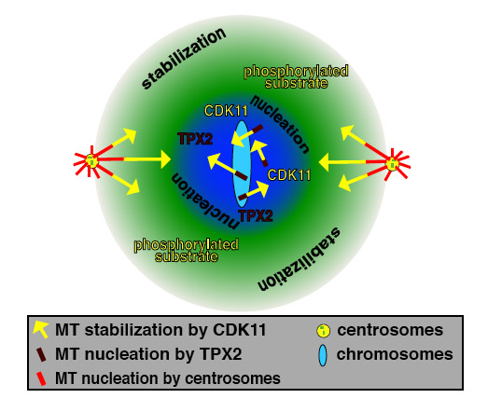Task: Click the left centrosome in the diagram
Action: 91,160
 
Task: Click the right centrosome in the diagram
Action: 393,163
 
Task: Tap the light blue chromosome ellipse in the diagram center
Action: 242,164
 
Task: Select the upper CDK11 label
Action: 226,111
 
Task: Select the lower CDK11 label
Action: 289,175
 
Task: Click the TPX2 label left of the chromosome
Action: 195,139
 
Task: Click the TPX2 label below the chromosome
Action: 256,215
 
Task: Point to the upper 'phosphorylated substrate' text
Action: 296,76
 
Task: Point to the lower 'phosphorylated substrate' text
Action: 186,251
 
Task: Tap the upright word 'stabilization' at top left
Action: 184,58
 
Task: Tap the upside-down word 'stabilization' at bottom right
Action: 300,260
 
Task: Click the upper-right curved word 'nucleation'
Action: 280,124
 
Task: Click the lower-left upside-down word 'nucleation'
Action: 204,200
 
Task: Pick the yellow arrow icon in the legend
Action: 41,329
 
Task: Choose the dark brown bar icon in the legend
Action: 41,355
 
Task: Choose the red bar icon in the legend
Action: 41,378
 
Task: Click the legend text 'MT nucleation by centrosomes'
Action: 168,378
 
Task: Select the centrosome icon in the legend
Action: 323,331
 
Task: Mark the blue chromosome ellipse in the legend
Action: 323,355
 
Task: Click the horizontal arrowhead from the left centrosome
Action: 165,159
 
